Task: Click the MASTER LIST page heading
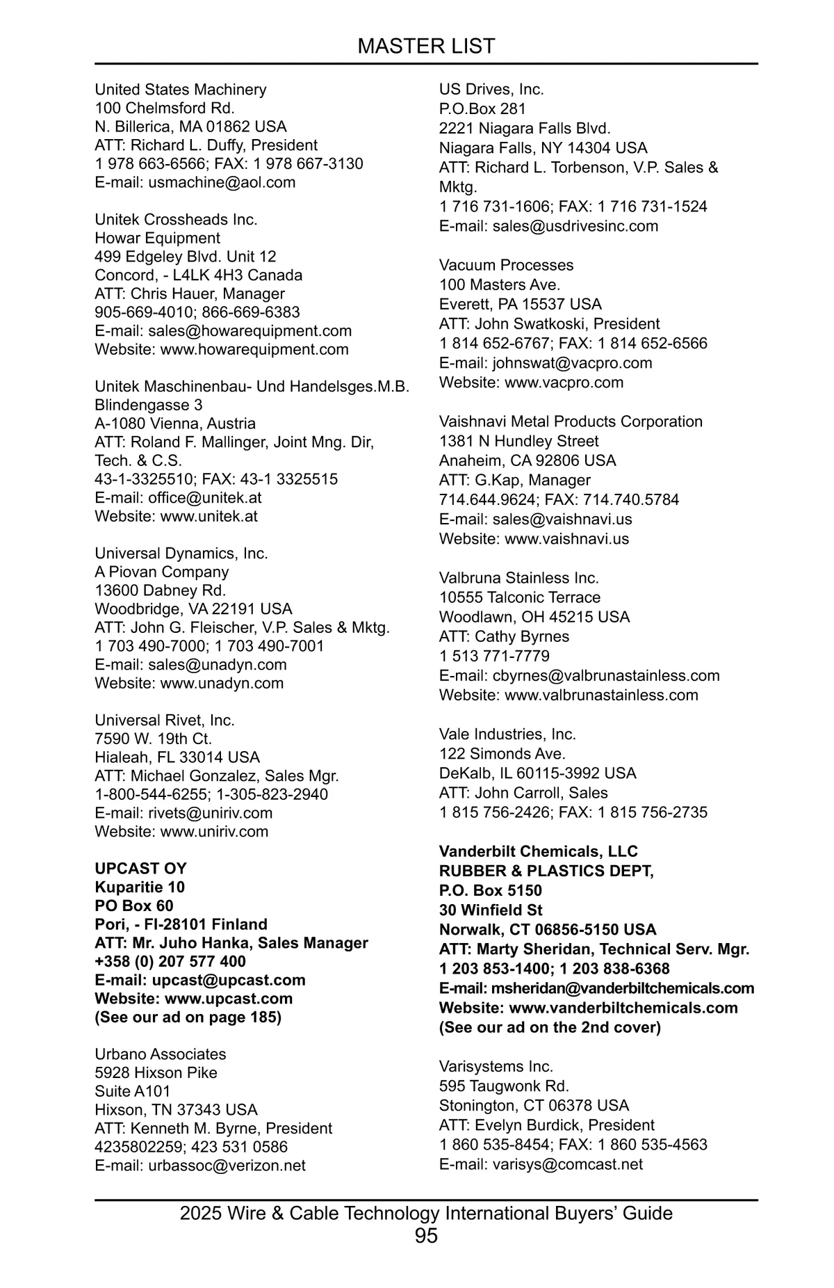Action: tap(426, 47)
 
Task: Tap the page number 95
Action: tap(426, 1236)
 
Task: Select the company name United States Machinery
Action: tap(180, 90)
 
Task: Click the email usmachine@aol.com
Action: tap(222, 183)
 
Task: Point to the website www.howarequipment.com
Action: tap(254, 350)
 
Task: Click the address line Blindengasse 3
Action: tap(149, 405)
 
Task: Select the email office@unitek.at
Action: tap(204, 498)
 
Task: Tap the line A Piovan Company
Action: tap(161, 572)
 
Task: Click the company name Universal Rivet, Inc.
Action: tap(165, 721)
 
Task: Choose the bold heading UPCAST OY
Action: tap(140, 869)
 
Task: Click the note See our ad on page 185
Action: tap(188, 1017)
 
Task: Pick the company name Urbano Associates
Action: tap(160, 1054)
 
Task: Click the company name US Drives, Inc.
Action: tap(491, 90)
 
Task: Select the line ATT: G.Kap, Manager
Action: tap(514, 481)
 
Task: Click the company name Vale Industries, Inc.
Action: tap(507, 734)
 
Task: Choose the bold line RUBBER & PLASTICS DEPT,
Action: tap(546, 871)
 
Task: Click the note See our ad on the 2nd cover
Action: tap(550, 1028)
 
